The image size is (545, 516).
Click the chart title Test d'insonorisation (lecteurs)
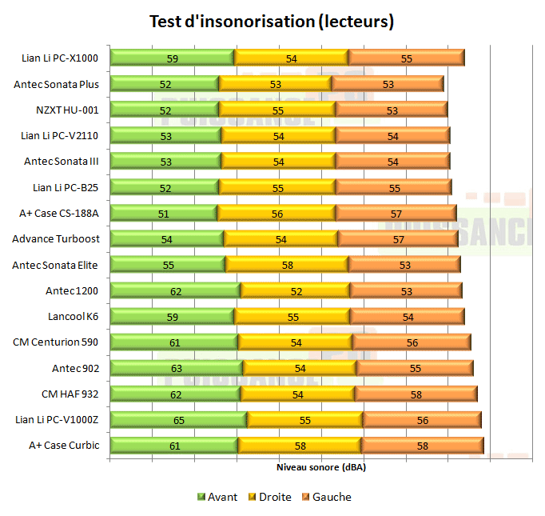point(272,22)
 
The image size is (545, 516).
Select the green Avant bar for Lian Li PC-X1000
point(172,58)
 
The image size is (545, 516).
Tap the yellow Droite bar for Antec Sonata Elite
point(286,264)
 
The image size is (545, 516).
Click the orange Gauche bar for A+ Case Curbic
point(422,446)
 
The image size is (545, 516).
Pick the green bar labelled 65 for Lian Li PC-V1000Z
point(178,419)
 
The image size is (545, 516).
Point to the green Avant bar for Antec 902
point(176,368)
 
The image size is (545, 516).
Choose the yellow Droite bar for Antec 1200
point(295,290)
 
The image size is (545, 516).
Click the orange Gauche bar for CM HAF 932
point(416,394)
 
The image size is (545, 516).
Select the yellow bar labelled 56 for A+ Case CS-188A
point(276,213)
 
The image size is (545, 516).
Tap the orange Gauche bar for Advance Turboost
point(397,238)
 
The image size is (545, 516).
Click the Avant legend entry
point(217,497)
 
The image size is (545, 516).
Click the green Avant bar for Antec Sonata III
point(165,161)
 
